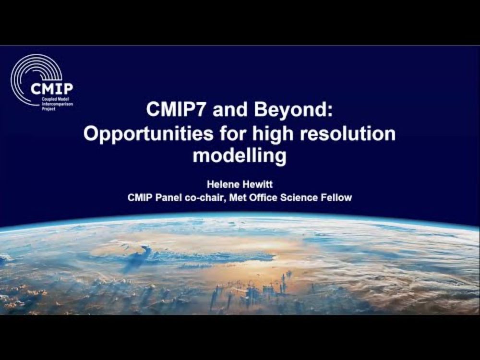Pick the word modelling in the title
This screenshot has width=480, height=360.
[240, 156]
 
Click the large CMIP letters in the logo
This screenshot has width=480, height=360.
[52, 89]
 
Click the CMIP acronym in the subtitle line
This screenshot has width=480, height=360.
[140, 197]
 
